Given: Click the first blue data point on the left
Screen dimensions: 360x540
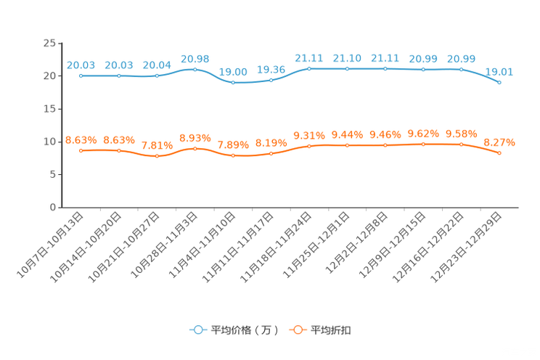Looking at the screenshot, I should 81,75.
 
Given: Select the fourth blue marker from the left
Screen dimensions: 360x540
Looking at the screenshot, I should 195,69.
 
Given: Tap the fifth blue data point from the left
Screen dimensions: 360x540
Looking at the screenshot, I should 233,82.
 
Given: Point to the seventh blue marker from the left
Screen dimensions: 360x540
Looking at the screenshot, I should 309,69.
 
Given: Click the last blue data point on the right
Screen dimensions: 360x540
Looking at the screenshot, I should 499,82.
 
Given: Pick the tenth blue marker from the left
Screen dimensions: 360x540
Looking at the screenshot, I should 423,70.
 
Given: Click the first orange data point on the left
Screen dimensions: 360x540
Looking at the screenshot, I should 81,150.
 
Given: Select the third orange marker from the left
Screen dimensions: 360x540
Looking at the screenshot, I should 157,155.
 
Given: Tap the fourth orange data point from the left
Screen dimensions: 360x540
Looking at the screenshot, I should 195,148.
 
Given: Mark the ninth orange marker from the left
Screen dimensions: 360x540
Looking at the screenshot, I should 385,145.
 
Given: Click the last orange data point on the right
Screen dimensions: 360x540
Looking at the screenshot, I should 499,152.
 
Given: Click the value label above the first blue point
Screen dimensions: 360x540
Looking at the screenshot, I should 81,65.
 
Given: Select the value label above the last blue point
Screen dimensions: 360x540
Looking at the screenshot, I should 499,71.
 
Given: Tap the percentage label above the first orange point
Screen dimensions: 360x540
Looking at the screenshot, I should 81,139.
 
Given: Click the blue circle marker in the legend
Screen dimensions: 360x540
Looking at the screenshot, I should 197,330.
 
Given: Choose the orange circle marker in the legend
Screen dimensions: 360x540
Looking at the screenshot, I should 298,330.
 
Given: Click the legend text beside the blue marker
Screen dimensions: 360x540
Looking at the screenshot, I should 245,330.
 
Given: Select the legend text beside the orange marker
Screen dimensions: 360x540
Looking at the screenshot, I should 332,330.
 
